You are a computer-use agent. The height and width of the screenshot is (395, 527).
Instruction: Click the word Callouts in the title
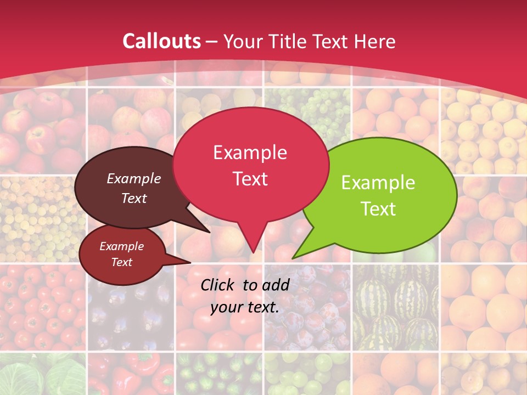161,41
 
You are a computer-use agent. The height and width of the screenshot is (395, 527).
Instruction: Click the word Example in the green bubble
378,183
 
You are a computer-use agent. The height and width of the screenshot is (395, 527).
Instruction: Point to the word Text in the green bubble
378,209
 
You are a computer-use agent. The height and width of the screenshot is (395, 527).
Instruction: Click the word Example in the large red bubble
250,153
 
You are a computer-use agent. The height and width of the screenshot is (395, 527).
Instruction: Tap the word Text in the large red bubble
250,179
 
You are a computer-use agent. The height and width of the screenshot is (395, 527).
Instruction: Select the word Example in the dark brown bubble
134,178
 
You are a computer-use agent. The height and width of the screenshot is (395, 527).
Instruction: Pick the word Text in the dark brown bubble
134,198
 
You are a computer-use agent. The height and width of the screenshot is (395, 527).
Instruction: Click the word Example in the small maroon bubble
121,246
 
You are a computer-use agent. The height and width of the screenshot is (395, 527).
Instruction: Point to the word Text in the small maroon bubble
121,262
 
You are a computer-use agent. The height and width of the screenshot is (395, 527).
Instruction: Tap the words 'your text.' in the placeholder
245,307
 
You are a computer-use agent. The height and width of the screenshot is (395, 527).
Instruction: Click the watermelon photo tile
395,307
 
